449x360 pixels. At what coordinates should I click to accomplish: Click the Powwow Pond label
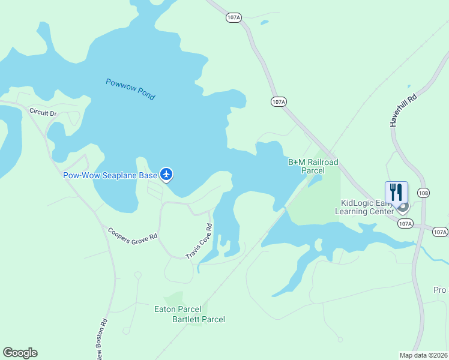(130, 89)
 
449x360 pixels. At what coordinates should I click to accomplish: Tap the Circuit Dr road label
(43, 112)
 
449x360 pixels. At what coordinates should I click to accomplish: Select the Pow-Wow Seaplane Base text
(110, 175)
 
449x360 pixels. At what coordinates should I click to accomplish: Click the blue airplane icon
(167, 175)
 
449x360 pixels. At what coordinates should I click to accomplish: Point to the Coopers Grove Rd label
(132, 233)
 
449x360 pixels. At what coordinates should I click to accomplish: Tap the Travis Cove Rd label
(199, 242)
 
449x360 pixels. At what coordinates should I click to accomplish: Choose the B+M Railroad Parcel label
(313, 166)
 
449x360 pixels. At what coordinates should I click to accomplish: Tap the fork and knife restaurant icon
(396, 193)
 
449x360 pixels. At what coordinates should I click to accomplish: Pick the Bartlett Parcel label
(198, 319)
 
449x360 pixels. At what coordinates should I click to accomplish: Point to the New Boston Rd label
(101, 339)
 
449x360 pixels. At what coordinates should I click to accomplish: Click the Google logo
(20, 353)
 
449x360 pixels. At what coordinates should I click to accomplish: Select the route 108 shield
(424, 193)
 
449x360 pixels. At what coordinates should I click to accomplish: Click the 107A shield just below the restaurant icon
(405, 223)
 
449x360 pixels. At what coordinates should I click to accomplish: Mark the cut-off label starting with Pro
(441, 290)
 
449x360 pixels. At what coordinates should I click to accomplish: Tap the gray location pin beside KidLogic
(403, 207)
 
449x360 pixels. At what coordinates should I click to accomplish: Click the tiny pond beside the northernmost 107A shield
(264, 23)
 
